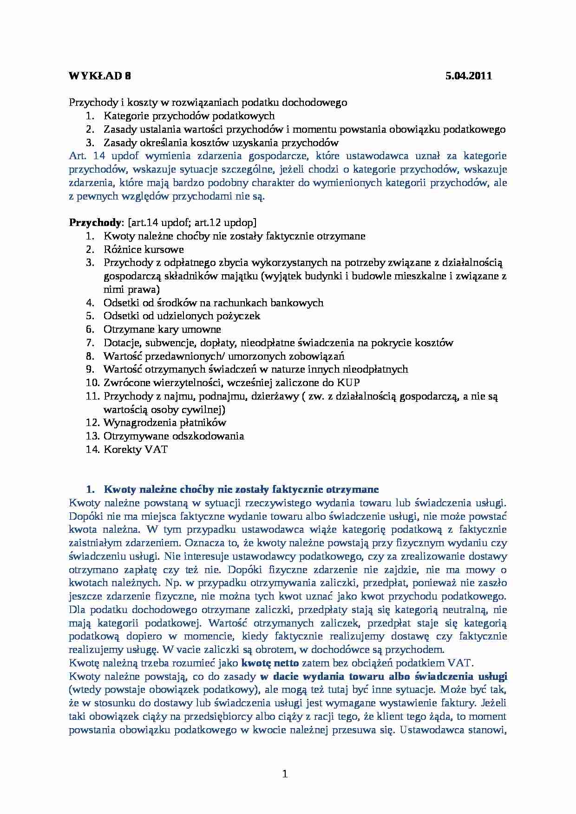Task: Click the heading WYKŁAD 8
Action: coord(100,77)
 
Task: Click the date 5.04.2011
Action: coord(468,77)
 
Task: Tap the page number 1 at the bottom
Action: coord(285,774)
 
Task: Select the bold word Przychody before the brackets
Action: coord(94,222)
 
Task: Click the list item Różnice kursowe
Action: coord(144,249)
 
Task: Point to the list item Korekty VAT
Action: coord(135,449)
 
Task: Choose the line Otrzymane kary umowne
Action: coord(162,329)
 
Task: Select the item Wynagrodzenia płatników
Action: coord(164,423)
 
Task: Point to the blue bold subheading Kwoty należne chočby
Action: coord(241,489)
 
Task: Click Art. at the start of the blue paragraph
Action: coord(77,156)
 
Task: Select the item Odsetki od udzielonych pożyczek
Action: coord(182,316)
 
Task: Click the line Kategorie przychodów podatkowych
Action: coord(189,116)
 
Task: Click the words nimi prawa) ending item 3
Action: coord(131,290)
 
